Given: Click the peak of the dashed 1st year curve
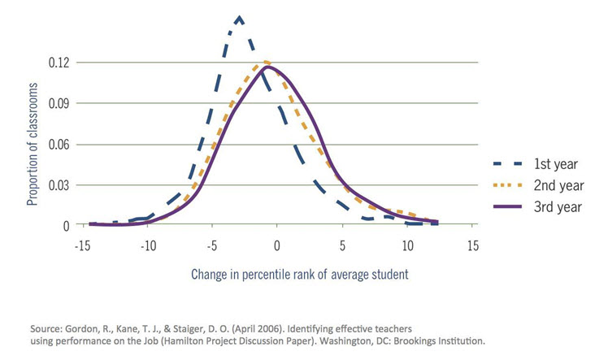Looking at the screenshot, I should tap(239, 17).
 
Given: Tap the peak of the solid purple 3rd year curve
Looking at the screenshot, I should tap(267, 67).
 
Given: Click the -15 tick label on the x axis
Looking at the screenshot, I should tap(82, 245).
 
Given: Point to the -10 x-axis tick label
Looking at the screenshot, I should tap(147, 245).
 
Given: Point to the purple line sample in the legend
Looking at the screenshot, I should tap(512, 206).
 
